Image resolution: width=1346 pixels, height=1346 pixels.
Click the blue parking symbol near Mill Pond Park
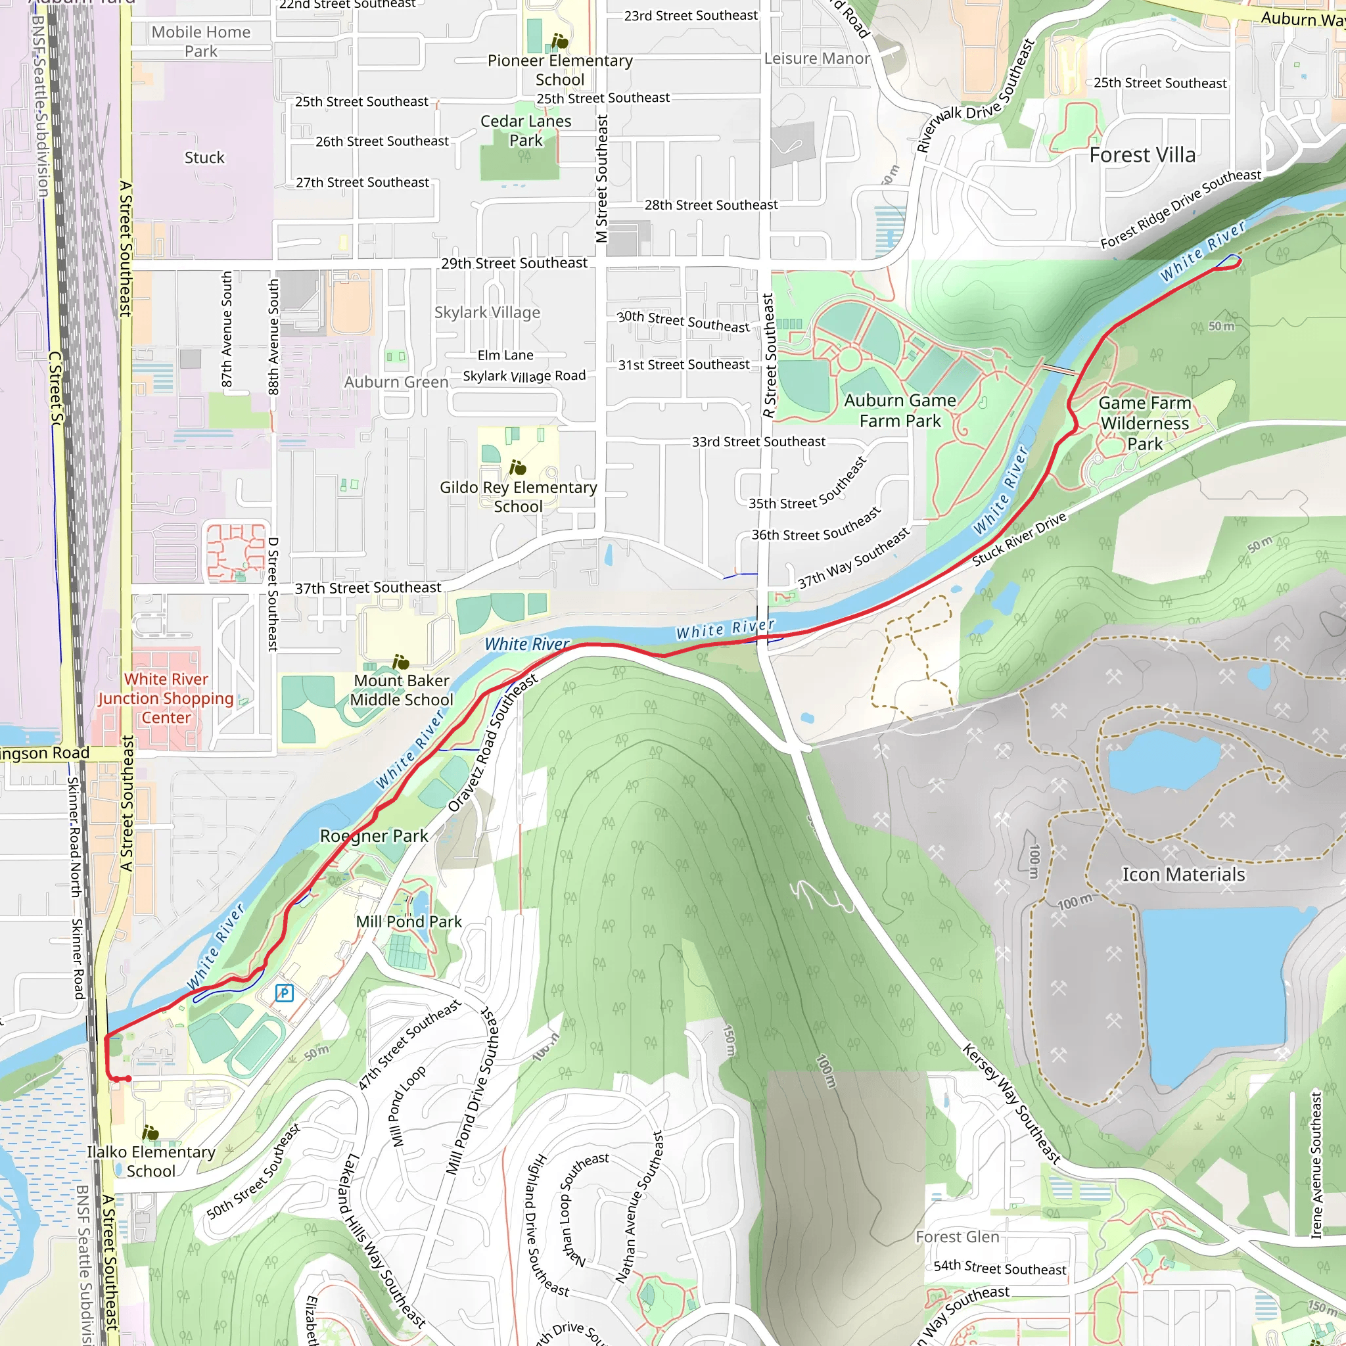point(283,993)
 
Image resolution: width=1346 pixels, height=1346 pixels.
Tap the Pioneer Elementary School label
point(559,70)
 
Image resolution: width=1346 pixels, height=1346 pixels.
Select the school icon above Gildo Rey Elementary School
point(517,467)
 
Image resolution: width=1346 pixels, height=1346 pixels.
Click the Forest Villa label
point(1142,154)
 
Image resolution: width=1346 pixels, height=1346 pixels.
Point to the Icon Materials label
point(1183,874)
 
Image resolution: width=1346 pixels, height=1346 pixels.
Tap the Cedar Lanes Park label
point(525,130)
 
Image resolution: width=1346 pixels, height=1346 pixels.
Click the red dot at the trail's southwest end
point(128,1079)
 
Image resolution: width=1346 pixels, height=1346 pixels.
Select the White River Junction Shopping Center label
point(166,698)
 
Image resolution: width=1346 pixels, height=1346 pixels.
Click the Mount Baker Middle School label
point(402,689)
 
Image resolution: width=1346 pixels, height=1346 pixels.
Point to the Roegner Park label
point(373,835)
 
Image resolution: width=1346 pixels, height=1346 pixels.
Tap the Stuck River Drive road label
point(1019,538)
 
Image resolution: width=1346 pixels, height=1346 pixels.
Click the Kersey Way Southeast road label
point(1011,1103)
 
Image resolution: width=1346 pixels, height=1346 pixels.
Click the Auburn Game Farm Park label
point(900,410)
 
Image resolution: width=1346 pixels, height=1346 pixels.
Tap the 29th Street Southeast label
point(514,263)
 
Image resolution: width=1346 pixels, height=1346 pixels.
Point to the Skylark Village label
point(487,312)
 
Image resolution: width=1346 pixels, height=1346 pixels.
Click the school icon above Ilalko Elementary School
point(150,1132)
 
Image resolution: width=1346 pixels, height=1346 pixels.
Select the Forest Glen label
point(956,1236)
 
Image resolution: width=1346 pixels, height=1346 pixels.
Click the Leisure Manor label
point(816,58)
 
